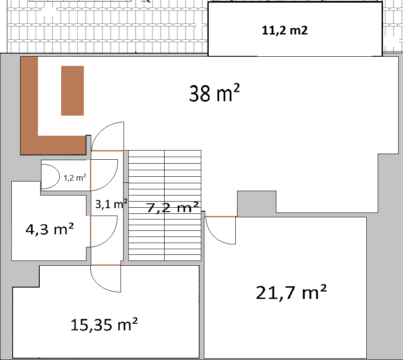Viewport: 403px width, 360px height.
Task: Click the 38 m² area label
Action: (214, 93)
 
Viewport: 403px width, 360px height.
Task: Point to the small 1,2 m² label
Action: (75, 178)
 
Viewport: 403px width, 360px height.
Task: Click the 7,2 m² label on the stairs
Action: (173, 208)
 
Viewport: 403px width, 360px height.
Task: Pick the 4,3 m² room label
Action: (49, 229)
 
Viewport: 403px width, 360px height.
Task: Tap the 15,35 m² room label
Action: (104, 324)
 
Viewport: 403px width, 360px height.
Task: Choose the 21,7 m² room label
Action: (291, 292)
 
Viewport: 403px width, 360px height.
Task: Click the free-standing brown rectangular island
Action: (72, 90)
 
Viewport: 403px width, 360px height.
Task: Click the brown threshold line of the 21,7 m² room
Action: (220, 216)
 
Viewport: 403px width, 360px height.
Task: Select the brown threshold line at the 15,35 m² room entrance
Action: (105, 265)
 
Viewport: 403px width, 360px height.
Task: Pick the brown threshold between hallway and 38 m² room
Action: (107, 151)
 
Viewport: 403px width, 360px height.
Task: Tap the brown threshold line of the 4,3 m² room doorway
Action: (90, 231)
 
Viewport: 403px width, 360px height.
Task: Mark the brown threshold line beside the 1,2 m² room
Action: (90, 175)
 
